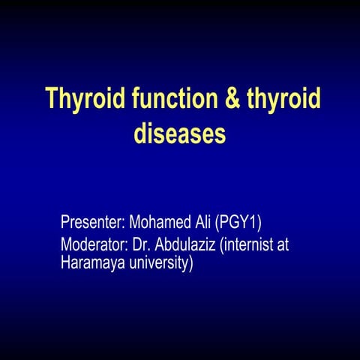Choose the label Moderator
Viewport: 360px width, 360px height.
[x=93, y=244]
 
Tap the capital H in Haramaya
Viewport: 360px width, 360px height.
[x=65, y=263]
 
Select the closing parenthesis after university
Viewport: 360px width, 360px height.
[x=190, y=263]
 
